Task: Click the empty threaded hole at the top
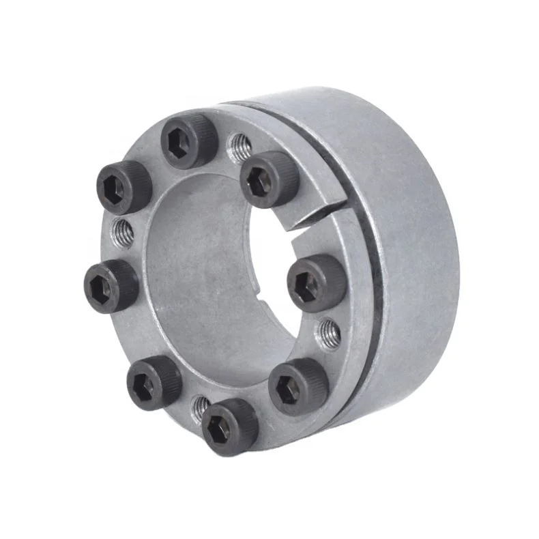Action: pyautogui.click(x=238, y=145)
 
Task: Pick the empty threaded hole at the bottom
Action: pyautogui.click(x=200, y=407)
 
